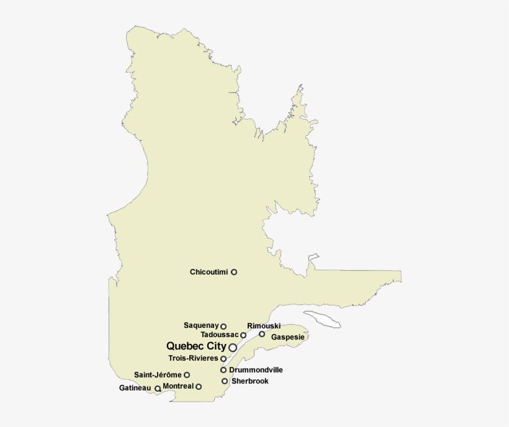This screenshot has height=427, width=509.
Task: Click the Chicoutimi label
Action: click(209, 272)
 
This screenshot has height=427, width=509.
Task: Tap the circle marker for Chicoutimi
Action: click(234, 272)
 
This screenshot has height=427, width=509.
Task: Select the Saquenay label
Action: click(200, 325)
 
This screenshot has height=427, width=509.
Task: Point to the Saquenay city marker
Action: click(223, 327)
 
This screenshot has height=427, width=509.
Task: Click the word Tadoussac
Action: click(215, 335)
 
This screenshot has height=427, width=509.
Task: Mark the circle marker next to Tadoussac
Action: click(243, 335)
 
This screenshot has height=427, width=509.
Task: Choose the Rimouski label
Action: click(264, 326)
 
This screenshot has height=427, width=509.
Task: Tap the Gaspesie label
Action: click(287, 337)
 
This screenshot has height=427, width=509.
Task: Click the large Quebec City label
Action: click(196, 346)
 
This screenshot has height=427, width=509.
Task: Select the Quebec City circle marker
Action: click(233, 348)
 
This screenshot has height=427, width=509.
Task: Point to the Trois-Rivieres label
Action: click(193, 358)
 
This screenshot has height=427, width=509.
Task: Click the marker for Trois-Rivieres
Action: click(223, 359)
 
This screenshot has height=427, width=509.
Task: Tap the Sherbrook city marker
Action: click(225, 381)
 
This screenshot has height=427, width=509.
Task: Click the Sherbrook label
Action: click(250, 381)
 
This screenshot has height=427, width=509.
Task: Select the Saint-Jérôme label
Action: click(158, 375)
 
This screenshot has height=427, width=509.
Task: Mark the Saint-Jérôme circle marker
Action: click(187, 375)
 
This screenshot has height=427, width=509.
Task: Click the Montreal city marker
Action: click(199, 387)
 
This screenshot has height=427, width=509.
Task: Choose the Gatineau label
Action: click(135, 389)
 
